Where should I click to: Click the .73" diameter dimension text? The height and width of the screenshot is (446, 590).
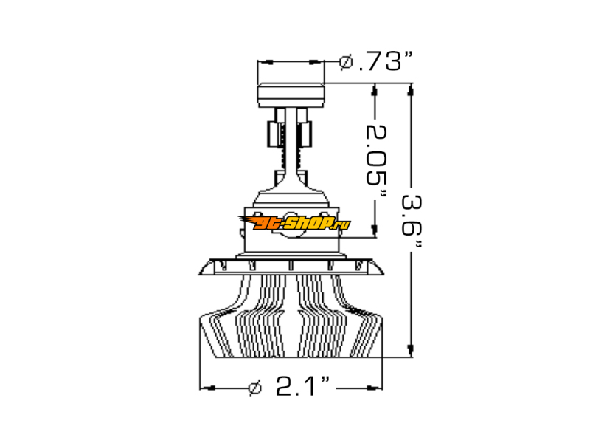coord(386,61)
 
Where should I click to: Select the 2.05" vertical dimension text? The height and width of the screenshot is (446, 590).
coord(376,161)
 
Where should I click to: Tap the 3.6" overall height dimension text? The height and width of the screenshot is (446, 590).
coord(412,221)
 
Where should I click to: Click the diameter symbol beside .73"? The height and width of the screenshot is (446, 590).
coord(346,62)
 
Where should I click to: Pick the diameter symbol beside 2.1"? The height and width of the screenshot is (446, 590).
coord(255,388)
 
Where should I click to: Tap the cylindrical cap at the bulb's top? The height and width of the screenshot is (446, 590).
coord(291,95)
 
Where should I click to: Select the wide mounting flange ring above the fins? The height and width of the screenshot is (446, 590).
coord(291,267)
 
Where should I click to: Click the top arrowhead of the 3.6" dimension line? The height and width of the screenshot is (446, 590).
coord(411,90)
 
